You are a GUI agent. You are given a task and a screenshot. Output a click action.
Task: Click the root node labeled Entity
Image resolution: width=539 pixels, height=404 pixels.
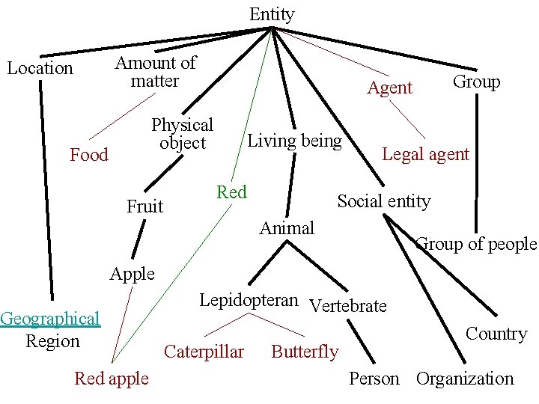(x=272, y=14)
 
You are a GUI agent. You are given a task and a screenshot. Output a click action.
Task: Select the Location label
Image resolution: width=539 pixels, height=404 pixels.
(x=40, y=68)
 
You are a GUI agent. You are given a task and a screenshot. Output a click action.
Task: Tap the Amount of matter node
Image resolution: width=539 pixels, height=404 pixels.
(x=155, y=72)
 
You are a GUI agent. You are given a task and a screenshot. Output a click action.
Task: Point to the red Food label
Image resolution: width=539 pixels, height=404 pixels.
(x=89, y=155)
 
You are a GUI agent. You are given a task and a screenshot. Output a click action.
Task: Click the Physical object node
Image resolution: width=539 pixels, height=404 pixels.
(x=182, y=134)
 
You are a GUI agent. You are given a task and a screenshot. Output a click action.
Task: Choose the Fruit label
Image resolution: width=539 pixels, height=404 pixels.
(x=144, y=206)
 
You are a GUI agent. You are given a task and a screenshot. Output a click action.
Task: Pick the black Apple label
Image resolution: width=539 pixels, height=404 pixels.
(x=132, y=274)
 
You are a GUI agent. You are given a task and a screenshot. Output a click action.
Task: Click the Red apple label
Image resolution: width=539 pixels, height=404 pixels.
(x=112, y=379)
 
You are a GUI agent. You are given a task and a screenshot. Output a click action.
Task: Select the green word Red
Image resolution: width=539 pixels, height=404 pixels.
(x=231, y=192)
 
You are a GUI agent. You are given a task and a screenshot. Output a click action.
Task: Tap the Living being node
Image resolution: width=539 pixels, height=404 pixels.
(x=294, y=141)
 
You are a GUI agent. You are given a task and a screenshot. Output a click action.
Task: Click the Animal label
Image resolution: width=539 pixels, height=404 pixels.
(x=287, y=227)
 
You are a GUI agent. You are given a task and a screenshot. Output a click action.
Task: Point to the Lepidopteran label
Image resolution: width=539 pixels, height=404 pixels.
(x=249, y=300)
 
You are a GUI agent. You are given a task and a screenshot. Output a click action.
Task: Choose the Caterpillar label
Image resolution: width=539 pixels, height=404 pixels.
(x=204, y=351)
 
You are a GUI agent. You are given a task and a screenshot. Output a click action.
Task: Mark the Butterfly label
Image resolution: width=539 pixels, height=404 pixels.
(x=305, y=352)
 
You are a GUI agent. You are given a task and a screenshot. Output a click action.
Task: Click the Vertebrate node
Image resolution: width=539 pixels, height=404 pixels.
(x=348, y=305)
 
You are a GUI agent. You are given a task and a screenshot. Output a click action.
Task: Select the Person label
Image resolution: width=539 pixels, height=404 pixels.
(x=374, y=379)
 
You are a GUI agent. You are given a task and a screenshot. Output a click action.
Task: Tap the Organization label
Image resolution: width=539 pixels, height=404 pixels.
(x=465, y=379)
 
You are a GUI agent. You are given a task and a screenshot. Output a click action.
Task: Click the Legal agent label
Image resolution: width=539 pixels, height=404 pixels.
(x=425, y=155)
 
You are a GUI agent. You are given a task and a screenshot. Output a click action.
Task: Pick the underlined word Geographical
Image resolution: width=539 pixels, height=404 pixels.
(x=50, y=319)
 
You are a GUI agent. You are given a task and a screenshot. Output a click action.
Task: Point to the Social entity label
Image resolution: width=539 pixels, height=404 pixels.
(x=384, y=201)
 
